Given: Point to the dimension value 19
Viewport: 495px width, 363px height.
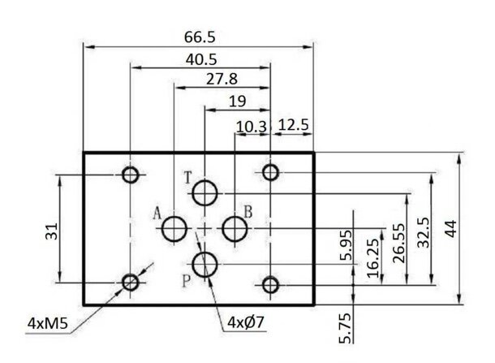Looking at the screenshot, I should (x=236, y=101).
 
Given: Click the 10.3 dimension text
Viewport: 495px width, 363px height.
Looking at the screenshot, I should (x=252, y=126).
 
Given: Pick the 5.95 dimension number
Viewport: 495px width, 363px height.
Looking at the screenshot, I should (x=347, y=245).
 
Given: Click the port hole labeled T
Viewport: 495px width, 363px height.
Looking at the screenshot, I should (x=205, y=193).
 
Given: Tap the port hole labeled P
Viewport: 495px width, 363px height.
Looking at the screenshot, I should (x=204, y=263).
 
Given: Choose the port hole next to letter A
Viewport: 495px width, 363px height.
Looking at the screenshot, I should (x=174, y=229).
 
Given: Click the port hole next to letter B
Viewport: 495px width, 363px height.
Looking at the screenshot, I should (x=235, y=229).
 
